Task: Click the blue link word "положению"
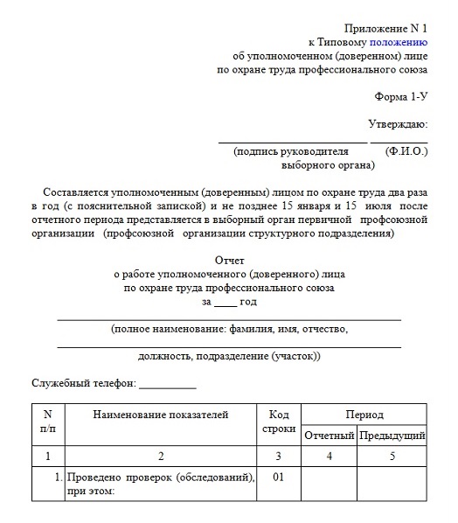click(399, 41)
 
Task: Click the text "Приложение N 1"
click(386, 27)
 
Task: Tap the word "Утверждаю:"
click(398, 125)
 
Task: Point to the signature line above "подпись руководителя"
click(292, 141)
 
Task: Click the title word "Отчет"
click(230, 261)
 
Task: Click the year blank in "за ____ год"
click(226, 303)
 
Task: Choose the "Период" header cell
click(364, 413)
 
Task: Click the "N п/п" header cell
click(48, 422)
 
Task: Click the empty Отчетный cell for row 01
click(329, 484)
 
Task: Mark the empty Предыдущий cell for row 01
click(392, 484)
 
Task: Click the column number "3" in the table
click(278, 456)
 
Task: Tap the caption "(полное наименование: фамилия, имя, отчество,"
click(230, 330)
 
